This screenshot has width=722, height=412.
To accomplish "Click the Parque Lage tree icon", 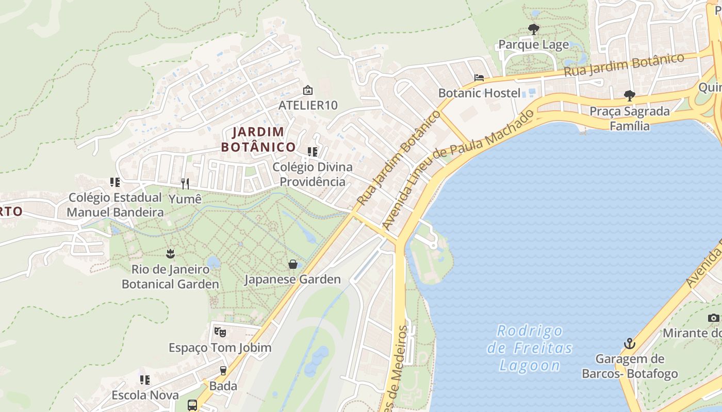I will click(x=534, y=29).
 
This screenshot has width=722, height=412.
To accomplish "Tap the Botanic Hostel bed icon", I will click(x=479, y=78).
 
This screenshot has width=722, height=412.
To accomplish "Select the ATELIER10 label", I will click(x=308, y=105).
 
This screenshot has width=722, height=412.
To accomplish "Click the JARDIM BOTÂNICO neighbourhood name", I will click(x=258, y=140).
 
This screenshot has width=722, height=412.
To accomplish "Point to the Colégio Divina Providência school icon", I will click(x=313, y=151).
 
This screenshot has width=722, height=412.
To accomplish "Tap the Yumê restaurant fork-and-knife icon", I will click(x=185, y=183).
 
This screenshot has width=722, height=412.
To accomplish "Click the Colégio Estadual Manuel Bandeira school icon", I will click(x=115, y=182).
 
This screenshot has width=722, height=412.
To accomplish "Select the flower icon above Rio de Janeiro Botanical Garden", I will click(x=170, y=253).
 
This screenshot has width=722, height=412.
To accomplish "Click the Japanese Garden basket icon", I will click(x=293, y=264).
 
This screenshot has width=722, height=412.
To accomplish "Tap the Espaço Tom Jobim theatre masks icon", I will click(x=220, y=332).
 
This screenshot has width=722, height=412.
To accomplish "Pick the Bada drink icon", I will click(x=223, y=370).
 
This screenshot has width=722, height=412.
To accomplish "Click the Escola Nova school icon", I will click(x=145, y=380).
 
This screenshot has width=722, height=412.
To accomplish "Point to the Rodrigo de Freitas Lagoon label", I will click(x=530, y=348).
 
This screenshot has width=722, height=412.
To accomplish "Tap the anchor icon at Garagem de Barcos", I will click(x=629, y=344).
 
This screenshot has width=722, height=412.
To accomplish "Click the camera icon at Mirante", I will click(x=714, y=318).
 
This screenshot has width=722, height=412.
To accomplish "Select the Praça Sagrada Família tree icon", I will click(x=629, y=95).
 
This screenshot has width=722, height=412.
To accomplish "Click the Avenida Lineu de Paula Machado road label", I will click(x=458, y=170).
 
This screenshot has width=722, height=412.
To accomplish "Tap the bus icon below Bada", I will click(x=192, y=405).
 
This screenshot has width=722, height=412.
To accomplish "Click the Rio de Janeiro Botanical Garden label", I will click(x=170, y=277).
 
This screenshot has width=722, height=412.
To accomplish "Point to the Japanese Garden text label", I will click(x=292, y=280).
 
